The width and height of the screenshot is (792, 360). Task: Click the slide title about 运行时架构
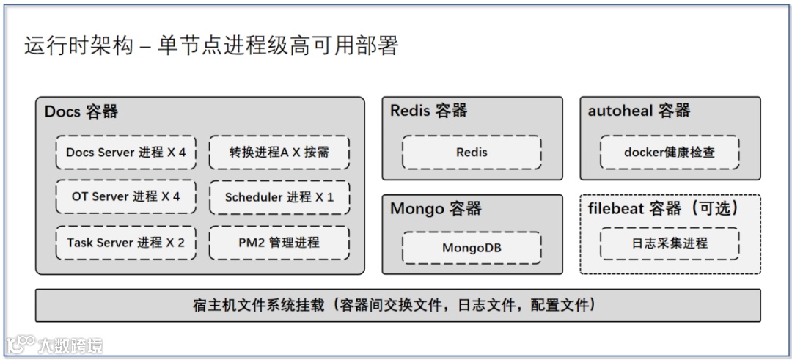211,46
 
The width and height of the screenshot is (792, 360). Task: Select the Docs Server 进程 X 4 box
126,153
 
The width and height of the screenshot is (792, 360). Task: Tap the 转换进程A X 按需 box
279,153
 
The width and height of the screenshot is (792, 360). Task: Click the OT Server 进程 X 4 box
126,196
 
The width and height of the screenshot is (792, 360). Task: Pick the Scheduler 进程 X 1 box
279,196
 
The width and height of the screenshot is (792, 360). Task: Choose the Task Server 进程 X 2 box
126,242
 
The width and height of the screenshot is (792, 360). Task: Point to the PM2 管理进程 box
279,242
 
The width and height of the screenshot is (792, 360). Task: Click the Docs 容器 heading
81,111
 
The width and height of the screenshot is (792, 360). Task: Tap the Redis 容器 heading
429,111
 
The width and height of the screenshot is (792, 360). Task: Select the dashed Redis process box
472,153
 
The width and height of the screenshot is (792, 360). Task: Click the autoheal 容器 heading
639,111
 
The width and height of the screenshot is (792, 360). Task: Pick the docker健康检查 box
670,153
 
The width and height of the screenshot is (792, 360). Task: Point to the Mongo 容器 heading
436,208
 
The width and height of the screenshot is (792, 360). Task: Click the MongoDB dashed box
472,248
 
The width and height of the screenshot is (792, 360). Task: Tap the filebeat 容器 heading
664,208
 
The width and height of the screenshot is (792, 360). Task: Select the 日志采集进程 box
670,243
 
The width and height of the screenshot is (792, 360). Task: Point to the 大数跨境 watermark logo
55,345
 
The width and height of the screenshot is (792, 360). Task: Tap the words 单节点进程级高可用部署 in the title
277,46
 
